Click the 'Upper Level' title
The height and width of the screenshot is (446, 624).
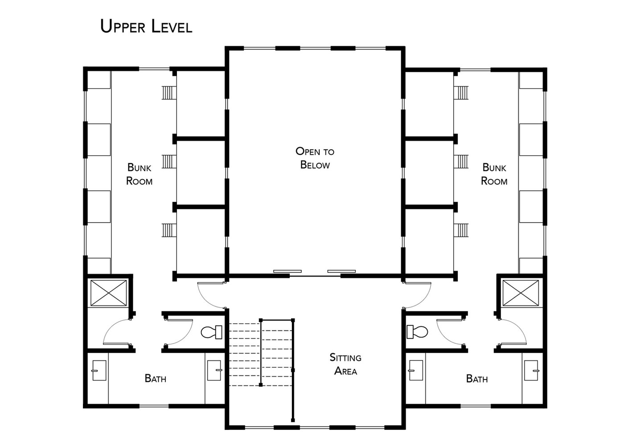[x=146, y=26]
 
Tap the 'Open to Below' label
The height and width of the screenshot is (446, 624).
[x=315, y=158]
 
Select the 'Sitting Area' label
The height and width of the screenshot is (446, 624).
[x=345, y=364]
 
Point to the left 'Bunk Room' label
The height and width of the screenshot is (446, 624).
[x=139, y=174]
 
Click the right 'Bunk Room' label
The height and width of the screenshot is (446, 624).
[x=494, y=174]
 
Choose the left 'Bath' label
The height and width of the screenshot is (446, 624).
[x=156, y=378]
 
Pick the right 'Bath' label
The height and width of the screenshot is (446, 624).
[x=477, y=379]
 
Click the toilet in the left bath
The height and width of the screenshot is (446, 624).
[x=211, y=332]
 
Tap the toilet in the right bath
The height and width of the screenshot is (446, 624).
[x=417, y=332]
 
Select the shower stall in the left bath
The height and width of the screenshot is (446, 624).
[x=109, y=293]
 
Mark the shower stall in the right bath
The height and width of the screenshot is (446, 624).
[x=521, y=293]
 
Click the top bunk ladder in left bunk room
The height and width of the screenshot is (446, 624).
[x=169, y=93]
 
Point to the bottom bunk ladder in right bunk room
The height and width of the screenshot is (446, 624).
[x=461, y=230]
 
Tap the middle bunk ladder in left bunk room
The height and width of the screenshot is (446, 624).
[x=169, y=161]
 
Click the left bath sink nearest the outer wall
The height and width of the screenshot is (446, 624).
[x=99, y=371]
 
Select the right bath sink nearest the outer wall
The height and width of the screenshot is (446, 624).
[x=531, y=371]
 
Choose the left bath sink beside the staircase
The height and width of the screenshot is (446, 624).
[x=215, y=371]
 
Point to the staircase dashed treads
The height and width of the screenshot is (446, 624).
[x=260, y=355]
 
